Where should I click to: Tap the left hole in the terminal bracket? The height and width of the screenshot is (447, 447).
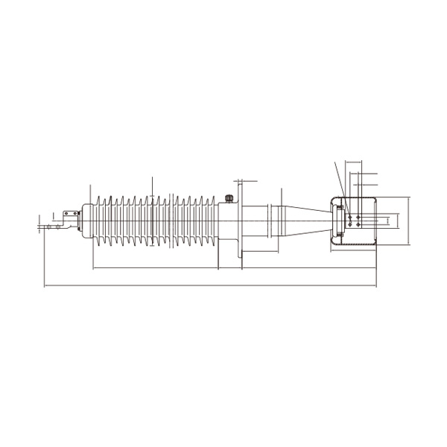[66, 215]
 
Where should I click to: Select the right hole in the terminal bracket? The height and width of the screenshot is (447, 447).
[74, 215]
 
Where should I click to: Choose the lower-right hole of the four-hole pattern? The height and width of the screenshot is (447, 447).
[359, 224]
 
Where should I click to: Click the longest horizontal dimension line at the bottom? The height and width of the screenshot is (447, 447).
[209, 285]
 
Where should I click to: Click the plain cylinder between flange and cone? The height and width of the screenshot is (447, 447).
[257, 221]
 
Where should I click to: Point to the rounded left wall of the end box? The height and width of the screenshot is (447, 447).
[335, 221]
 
